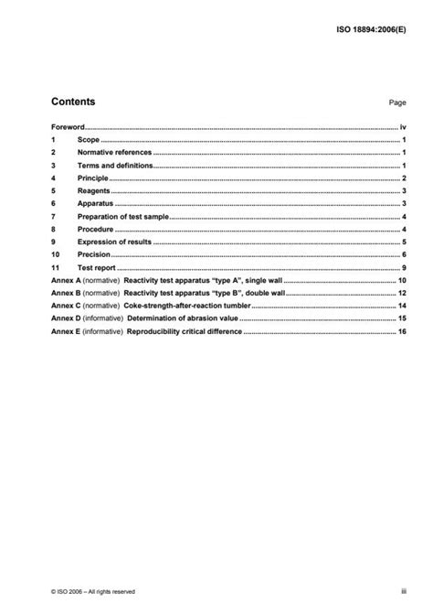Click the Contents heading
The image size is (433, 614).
[73, 102]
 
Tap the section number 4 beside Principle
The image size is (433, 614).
[54, 178]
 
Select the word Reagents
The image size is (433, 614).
[93, 190]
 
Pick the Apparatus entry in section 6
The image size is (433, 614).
[94, 202]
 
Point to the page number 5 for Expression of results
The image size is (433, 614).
[404, 241]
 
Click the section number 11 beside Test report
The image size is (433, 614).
[55, 266]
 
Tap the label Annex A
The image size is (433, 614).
[66, 279]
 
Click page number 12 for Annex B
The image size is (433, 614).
[402, 292]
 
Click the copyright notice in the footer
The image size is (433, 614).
[92, 591]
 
